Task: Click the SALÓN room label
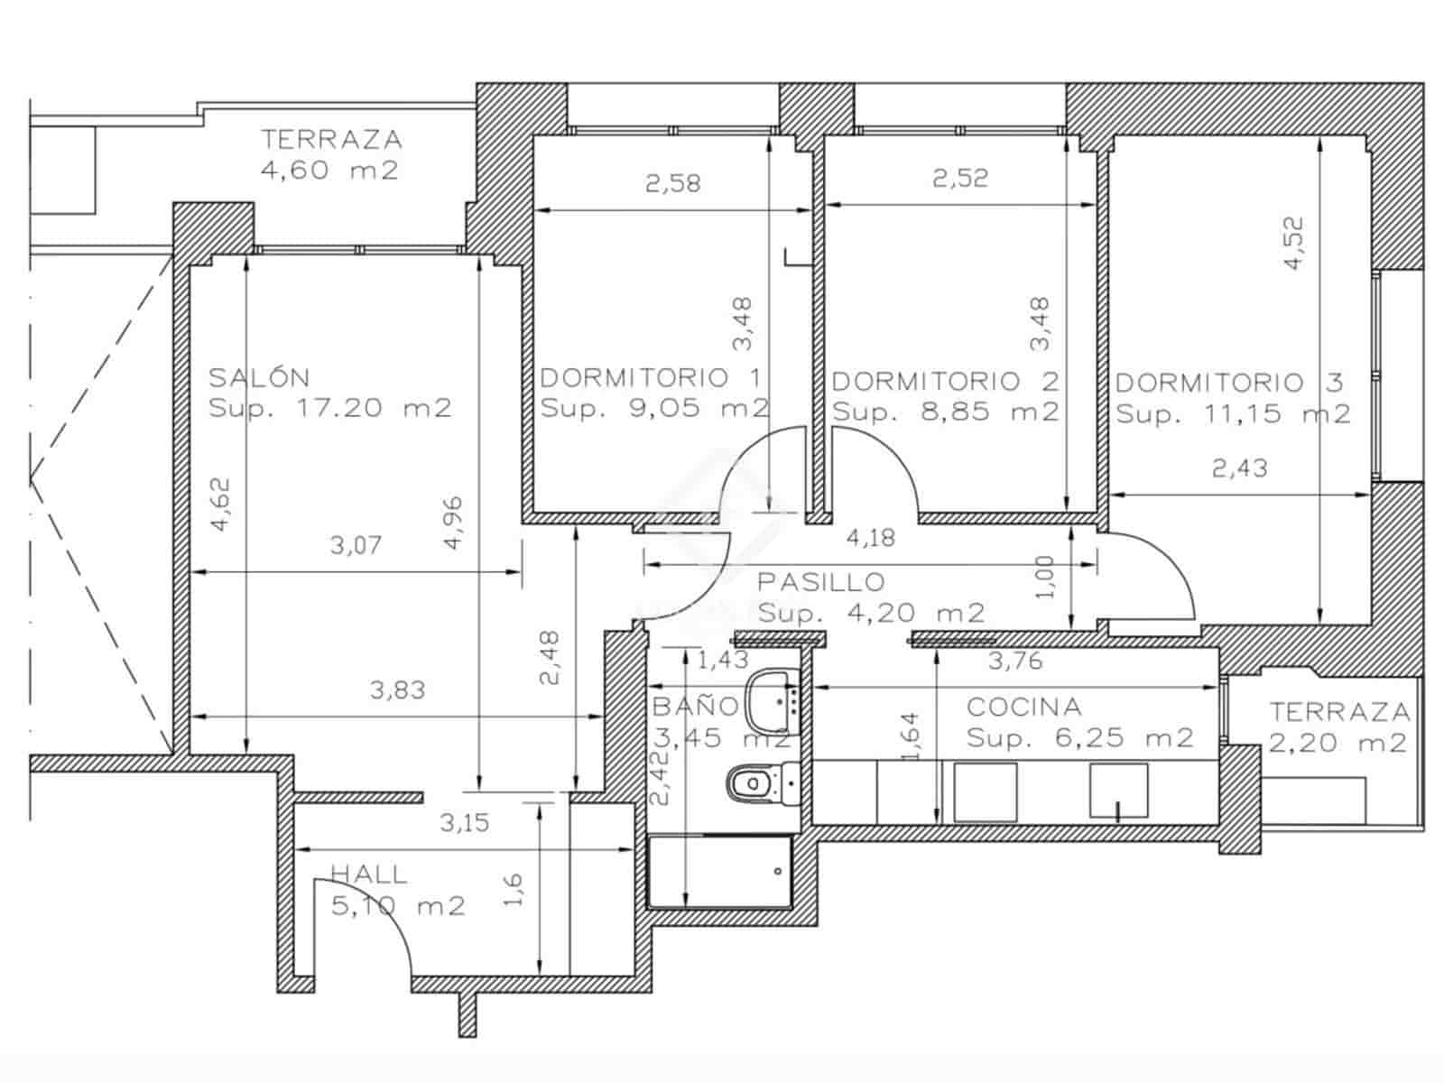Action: (260, 377)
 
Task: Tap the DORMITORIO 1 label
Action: (651, 377)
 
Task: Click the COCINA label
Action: (1023, 707)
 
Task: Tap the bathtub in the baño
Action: (720, 872)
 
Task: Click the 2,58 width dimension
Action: (672, 184)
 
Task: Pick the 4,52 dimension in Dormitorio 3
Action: (1293, 242)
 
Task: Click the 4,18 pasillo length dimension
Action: (871, 539)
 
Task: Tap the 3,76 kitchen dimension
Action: (1015, 662)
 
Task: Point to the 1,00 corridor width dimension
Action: (1044, 578)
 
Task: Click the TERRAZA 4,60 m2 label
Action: (331, 154)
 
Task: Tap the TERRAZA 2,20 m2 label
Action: (1339, 727)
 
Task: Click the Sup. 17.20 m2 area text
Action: (329, 408)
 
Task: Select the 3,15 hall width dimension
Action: (464, 823)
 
